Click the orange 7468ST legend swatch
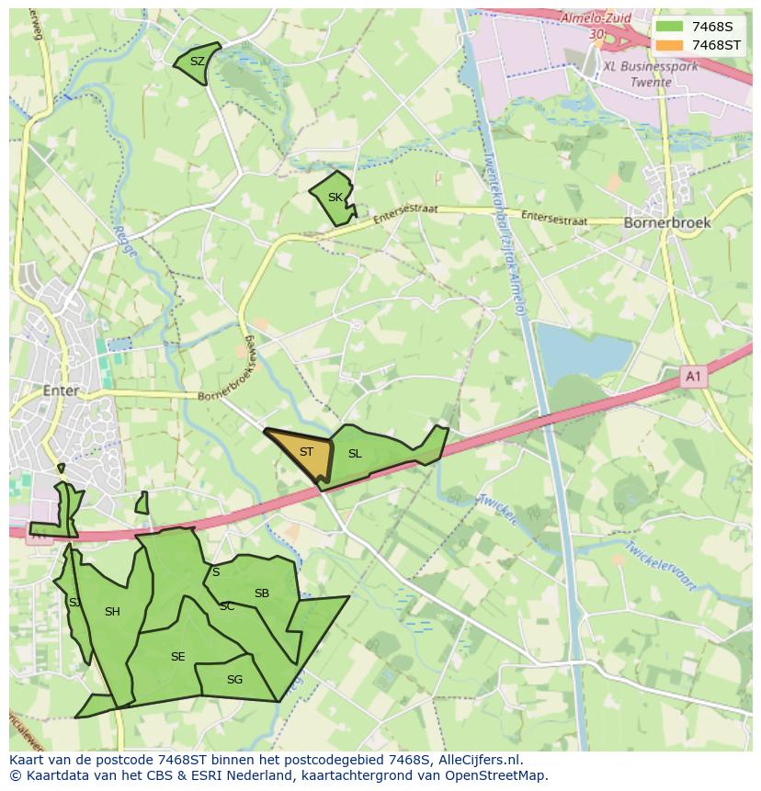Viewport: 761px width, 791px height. (669, 45)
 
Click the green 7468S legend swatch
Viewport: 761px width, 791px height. (669, 27)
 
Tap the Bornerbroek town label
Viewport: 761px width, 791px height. (667, 222)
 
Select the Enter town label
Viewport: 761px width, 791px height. (61, 390)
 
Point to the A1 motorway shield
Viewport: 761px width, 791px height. (694, 376)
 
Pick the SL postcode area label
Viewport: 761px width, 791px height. (355, 453)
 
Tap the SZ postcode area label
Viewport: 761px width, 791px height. (197, 62)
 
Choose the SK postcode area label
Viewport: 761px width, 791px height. (335, 198)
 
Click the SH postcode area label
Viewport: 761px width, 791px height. (112, 612)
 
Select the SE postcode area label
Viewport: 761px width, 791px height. (177, 657)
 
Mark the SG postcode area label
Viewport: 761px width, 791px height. (234, 680)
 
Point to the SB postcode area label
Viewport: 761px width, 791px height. (262, 593)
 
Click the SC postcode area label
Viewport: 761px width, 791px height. (227, 606)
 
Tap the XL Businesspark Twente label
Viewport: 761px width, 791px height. (650, 73)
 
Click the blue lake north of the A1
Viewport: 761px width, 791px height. (585, 349)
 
